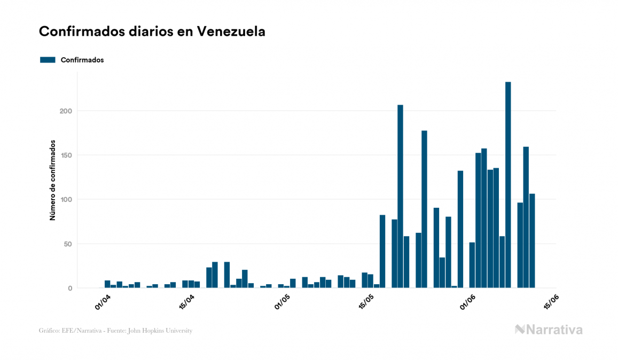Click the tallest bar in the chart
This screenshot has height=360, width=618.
click(x=508, y=185)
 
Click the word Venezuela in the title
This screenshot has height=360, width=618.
click(x=231, y=32)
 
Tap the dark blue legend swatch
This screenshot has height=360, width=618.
click(x=48, y=60)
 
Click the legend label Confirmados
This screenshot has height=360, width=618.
click(x=82, y=60)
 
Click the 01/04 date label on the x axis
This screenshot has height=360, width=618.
click(x=102, y=302)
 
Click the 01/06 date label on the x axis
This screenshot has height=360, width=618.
click(x=468, y=302)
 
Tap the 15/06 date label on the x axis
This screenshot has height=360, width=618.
click(x=551, y=302)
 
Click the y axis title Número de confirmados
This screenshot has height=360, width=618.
click(x=53, y=180)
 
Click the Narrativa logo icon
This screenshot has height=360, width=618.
click(x=520, y=330)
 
